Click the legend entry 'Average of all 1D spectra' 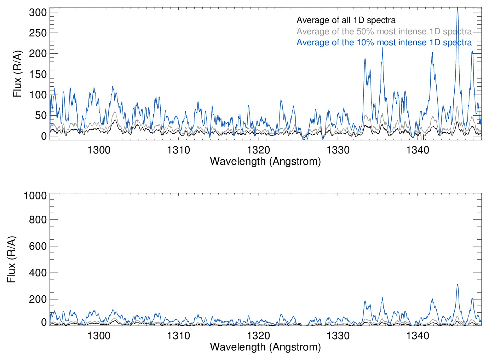pyautogui.click(x=346, y=20)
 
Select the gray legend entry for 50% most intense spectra pyautogui.click(x=384, y=31)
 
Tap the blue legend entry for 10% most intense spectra pyautogui.click(x=384, y=42)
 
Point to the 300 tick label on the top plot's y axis pyautogui.click(x=38, y=12)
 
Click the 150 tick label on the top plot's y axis pyautogui.click(x=38, y=74)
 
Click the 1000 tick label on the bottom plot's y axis pyautogui.click(x=35, y=196)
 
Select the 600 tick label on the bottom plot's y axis pyautogui.click(x=38, y=246)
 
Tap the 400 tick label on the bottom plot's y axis pyautogui.click(x=38, y=273)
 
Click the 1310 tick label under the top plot pyautogui.click(x=179, y=150)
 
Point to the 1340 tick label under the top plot pyautogui.click(x=418, y=150)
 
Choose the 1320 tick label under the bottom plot pyautogui.click(x=258, y=335)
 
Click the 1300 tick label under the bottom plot pyautogui.click(x=99, y=335)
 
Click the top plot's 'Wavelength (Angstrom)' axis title pyautogui.click(x=265, y=161)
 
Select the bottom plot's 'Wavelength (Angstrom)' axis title pyautogui.click(x=265, y=347)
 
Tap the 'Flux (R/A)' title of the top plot pyautogui.click(x=17, y=74)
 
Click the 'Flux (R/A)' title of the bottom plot pyautogui.click(x=12, y=259)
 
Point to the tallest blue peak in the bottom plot pyautogui.click(x=458, y=285)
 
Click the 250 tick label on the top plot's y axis pyautogui.click(x=38, y=33)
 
